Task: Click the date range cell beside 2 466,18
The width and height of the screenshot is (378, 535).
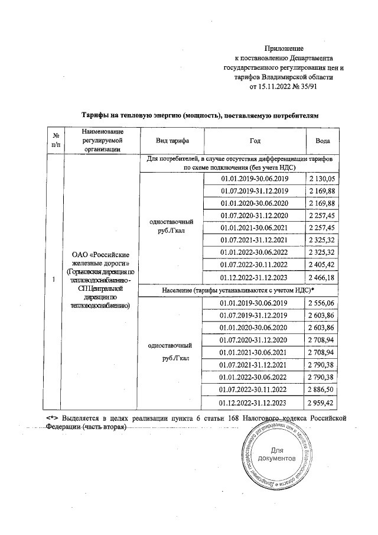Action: coord(254,278)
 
